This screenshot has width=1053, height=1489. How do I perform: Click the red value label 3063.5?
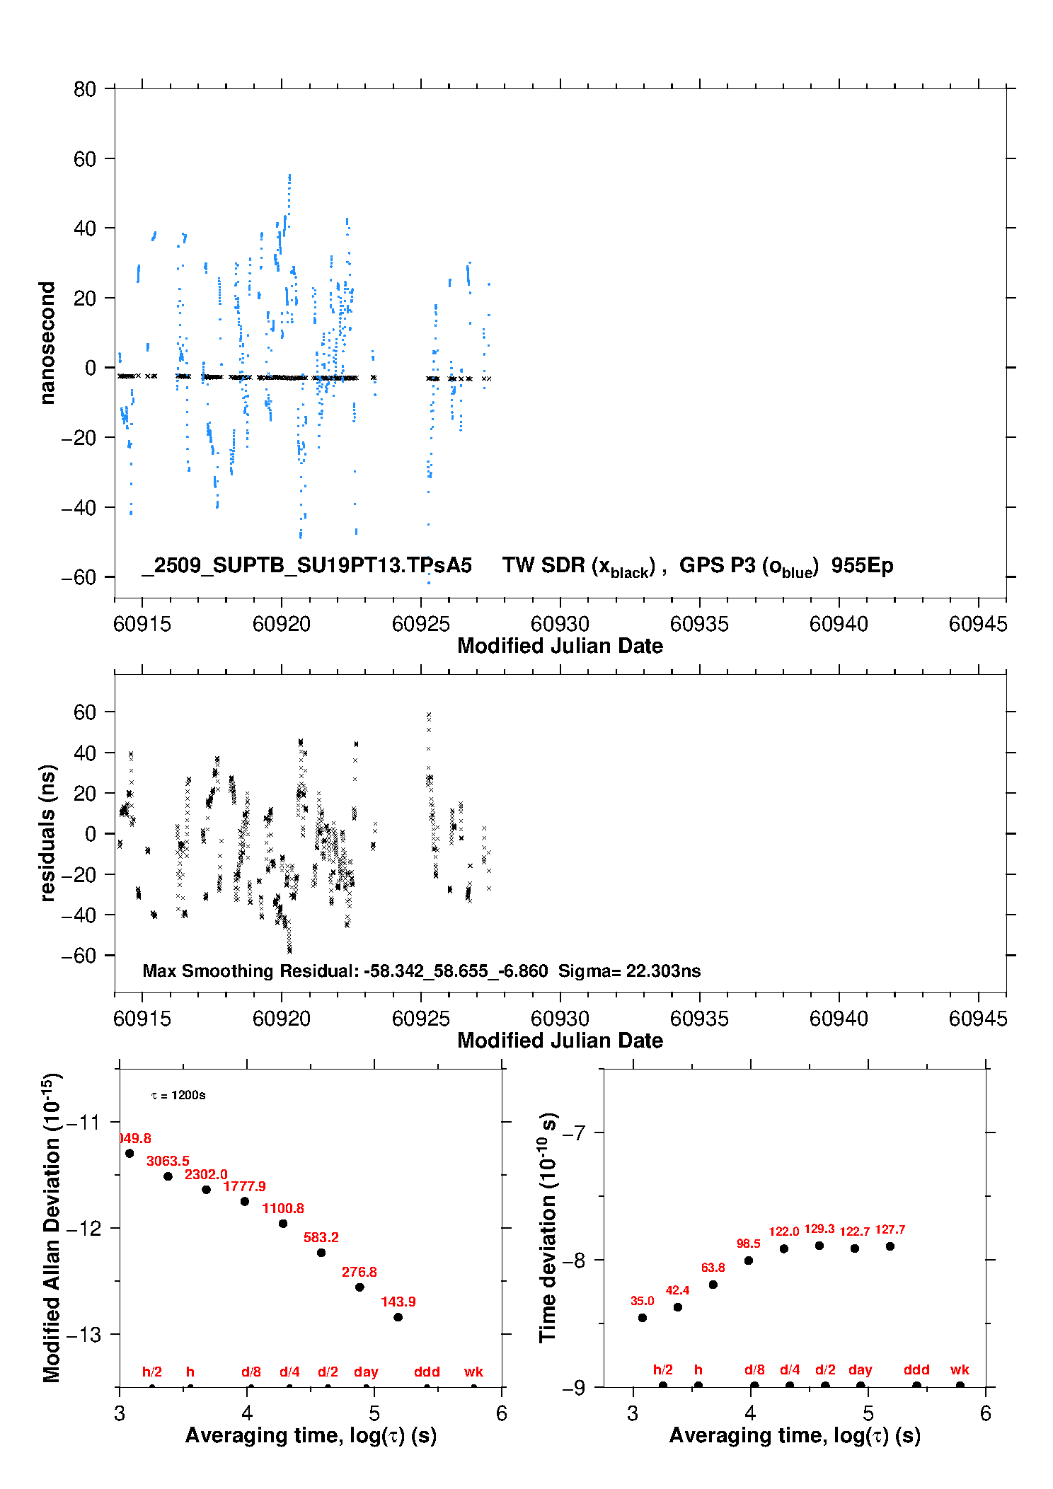click(168, 1161)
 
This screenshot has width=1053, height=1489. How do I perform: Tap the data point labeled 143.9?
click(398, 1317)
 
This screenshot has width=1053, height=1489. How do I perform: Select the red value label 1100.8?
click(283, 1208)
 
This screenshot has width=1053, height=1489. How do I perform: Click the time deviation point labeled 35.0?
click(643, 1318)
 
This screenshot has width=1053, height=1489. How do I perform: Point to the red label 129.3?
click(819, 1229)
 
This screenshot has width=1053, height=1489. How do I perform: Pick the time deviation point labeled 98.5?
click(749, 1261)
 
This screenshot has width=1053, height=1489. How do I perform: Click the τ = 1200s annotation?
click(178, 1095)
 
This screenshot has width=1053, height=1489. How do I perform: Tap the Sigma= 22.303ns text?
click(629, 971)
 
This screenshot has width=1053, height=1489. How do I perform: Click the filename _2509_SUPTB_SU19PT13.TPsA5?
click(306, 565)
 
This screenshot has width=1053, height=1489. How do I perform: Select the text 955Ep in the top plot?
click(862, 565)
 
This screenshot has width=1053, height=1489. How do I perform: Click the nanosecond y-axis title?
click(47, 343)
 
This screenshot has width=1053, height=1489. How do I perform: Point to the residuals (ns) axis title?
click(47, 833)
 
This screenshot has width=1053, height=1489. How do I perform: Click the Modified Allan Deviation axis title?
click(51, 1227)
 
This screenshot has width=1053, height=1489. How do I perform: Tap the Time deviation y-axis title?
click(548, 1227)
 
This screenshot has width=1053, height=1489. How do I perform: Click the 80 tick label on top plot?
click(85, 89)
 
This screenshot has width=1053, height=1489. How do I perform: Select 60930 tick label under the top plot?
click(560, 624)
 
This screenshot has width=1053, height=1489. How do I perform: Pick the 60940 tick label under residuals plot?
click(839, 1019)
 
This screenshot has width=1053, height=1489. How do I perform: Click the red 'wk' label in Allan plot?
click(473, 1372)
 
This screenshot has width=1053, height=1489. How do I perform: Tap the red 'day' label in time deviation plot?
click(861, 1369)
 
